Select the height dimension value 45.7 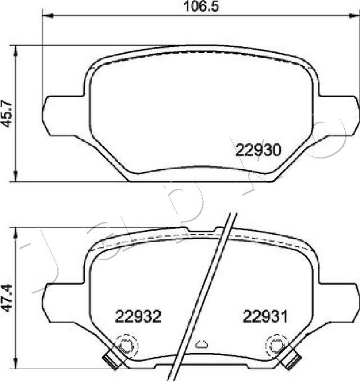coord(8,114)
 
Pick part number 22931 coord(265,316)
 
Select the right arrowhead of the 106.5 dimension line coord(353,16)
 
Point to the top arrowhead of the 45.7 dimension coord(17,50)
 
